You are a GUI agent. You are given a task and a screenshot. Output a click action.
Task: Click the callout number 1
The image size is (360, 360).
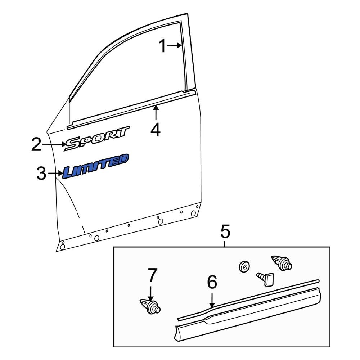163,46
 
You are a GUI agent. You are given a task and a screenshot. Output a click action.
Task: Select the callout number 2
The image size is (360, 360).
36,144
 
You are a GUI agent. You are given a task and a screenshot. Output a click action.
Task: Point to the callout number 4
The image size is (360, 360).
156,130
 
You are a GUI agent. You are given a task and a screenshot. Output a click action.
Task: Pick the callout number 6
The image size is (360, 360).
212,283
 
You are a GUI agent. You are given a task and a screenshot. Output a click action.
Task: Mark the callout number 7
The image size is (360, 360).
153,275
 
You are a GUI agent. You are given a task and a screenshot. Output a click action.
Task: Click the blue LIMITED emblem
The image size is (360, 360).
96,166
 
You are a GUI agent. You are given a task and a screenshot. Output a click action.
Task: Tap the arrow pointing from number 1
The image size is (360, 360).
175,45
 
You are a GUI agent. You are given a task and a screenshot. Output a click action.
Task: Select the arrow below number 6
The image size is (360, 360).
212,300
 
